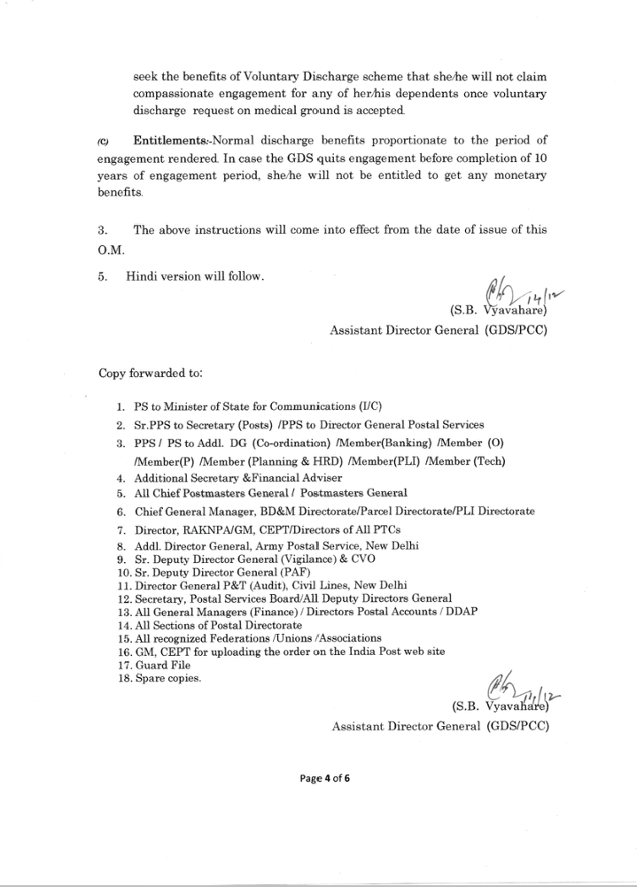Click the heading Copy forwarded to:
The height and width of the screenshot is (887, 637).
pos(151,373)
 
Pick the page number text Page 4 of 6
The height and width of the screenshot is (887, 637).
pos(323,778)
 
